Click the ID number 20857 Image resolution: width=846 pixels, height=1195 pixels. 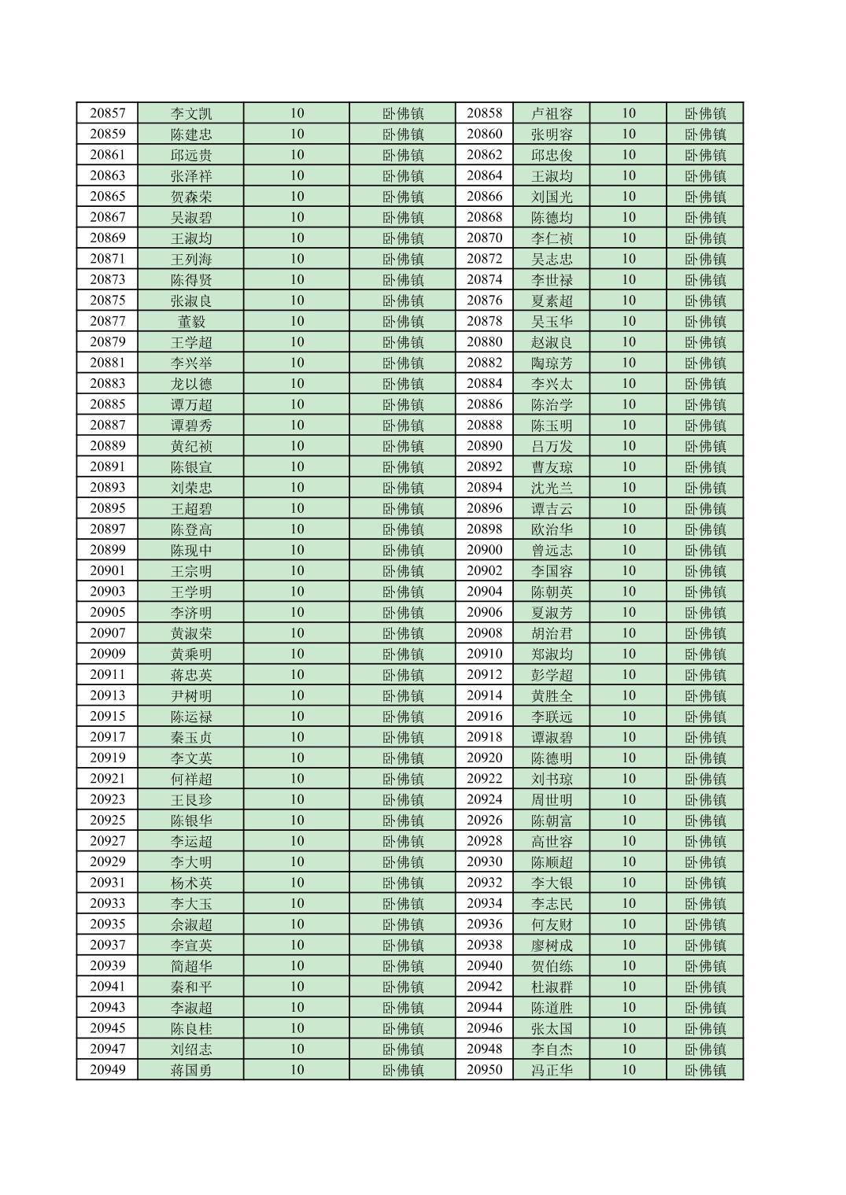(x=107, y=113)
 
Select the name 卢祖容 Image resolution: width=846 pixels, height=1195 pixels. (x=552, y=113)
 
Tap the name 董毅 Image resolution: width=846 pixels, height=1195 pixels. (x=191, y=321)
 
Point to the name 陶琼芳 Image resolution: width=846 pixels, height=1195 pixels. (x=552, y=363)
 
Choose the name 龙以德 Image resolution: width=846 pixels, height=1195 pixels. (x=191, y=384)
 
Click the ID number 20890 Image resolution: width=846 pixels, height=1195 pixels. (x=484, y=446)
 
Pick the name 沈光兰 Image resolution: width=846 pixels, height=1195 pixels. (x=552, y=488)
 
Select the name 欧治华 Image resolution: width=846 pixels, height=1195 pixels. (x=552, y=529)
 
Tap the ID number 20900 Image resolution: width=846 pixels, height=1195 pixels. (x=484, y=550)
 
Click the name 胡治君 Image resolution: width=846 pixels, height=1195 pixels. (x=552, y=633)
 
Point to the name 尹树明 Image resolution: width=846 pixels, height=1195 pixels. (x=191, y=695)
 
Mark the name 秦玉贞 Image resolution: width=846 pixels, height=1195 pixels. (x=191, y=737)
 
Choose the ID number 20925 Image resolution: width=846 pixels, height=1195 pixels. (x=107, y=821)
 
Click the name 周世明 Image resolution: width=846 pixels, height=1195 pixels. (x=552, y=799)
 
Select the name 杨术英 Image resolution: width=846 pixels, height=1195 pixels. (x=191, y=883)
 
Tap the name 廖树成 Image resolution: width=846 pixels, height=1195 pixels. (x=552, y=945)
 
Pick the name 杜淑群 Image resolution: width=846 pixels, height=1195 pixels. (x=552, y=987)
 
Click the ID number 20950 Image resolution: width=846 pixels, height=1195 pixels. (x=484, y=1070)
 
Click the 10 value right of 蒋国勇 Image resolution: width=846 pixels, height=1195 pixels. (x=297, y=1070)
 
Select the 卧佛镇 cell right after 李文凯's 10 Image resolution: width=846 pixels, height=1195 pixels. (x=403, y=113)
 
